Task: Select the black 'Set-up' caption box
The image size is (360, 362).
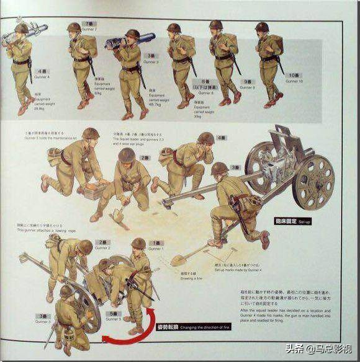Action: coord(290,219)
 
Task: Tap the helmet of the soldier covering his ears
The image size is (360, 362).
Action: coord(205,138)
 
